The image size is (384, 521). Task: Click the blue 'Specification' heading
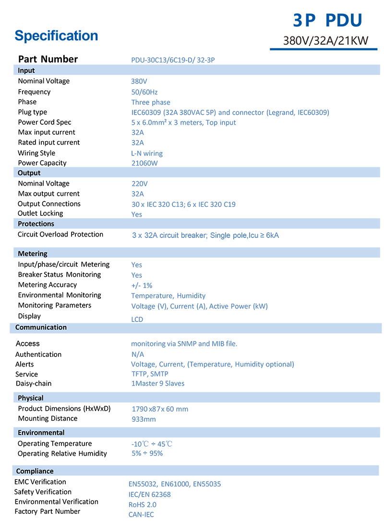click(56, 36)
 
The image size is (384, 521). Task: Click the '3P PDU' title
click(327, 20)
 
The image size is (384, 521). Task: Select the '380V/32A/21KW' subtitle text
click(325, 41)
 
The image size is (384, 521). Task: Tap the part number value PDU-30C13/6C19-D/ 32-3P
click(176, 60)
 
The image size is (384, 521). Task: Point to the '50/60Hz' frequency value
click(144, 92)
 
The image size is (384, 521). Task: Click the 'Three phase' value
click(151, 102)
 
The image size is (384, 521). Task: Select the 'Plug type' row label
click(33, 112)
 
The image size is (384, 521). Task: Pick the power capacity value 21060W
click(144, 163)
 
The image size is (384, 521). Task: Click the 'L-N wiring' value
click(147, 154)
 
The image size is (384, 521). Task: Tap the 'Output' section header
click(29, 173)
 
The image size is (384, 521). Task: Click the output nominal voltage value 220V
click(140, 184)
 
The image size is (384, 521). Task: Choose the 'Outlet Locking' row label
click(40, 213)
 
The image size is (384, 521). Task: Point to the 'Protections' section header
click(36, 224)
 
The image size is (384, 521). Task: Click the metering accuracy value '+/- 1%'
click(142, 285)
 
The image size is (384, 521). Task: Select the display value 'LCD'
click(137, 320)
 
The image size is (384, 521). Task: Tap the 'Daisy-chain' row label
click(34, 384)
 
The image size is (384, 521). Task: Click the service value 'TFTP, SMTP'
click(150, 374)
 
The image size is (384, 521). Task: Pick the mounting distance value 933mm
click(144, 419)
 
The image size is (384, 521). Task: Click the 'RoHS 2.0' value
click(143, 505)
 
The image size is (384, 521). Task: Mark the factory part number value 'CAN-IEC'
click(141, 515)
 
